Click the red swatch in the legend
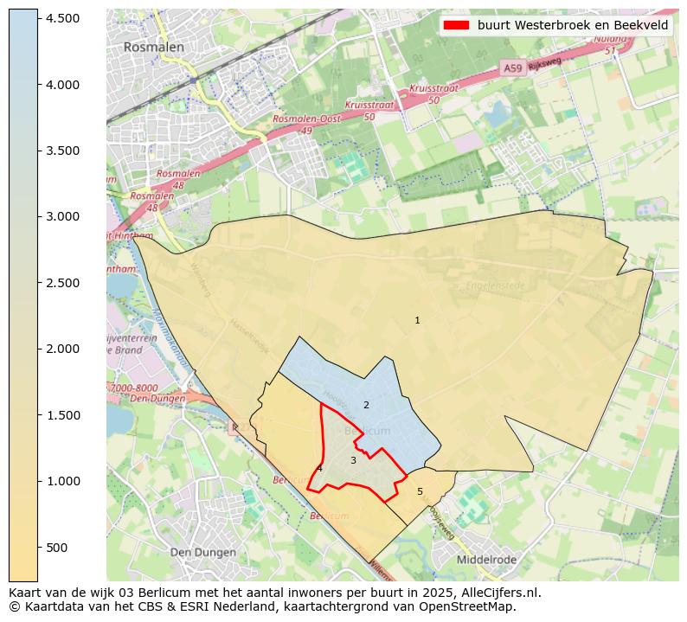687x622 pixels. click(456, 25)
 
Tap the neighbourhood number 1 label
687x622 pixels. click(417, 320)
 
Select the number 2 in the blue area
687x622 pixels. click(366, 405)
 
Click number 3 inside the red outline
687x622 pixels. click(353, 460)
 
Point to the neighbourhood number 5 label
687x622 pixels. click(421, 491)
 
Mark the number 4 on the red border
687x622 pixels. click(319, 468)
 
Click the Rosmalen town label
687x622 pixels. click(153, 47)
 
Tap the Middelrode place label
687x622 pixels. click(486, 560)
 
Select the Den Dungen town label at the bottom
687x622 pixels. click(202, 552)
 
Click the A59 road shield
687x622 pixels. click(512, 67)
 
